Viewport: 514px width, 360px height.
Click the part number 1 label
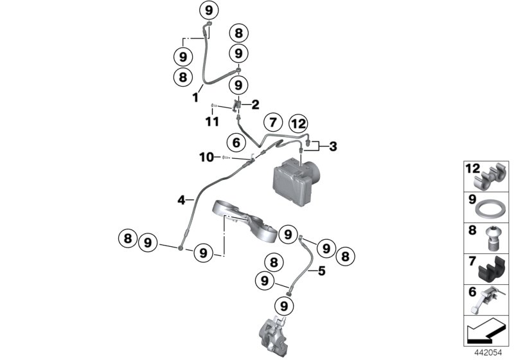[194, 97]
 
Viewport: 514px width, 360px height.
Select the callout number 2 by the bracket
[255, 104]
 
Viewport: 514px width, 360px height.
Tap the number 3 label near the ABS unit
[333, 147]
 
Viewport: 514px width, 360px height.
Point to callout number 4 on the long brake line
[182, 201]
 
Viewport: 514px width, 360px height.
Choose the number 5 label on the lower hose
[322, 271]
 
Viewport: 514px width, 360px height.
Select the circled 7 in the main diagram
[272, 122]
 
